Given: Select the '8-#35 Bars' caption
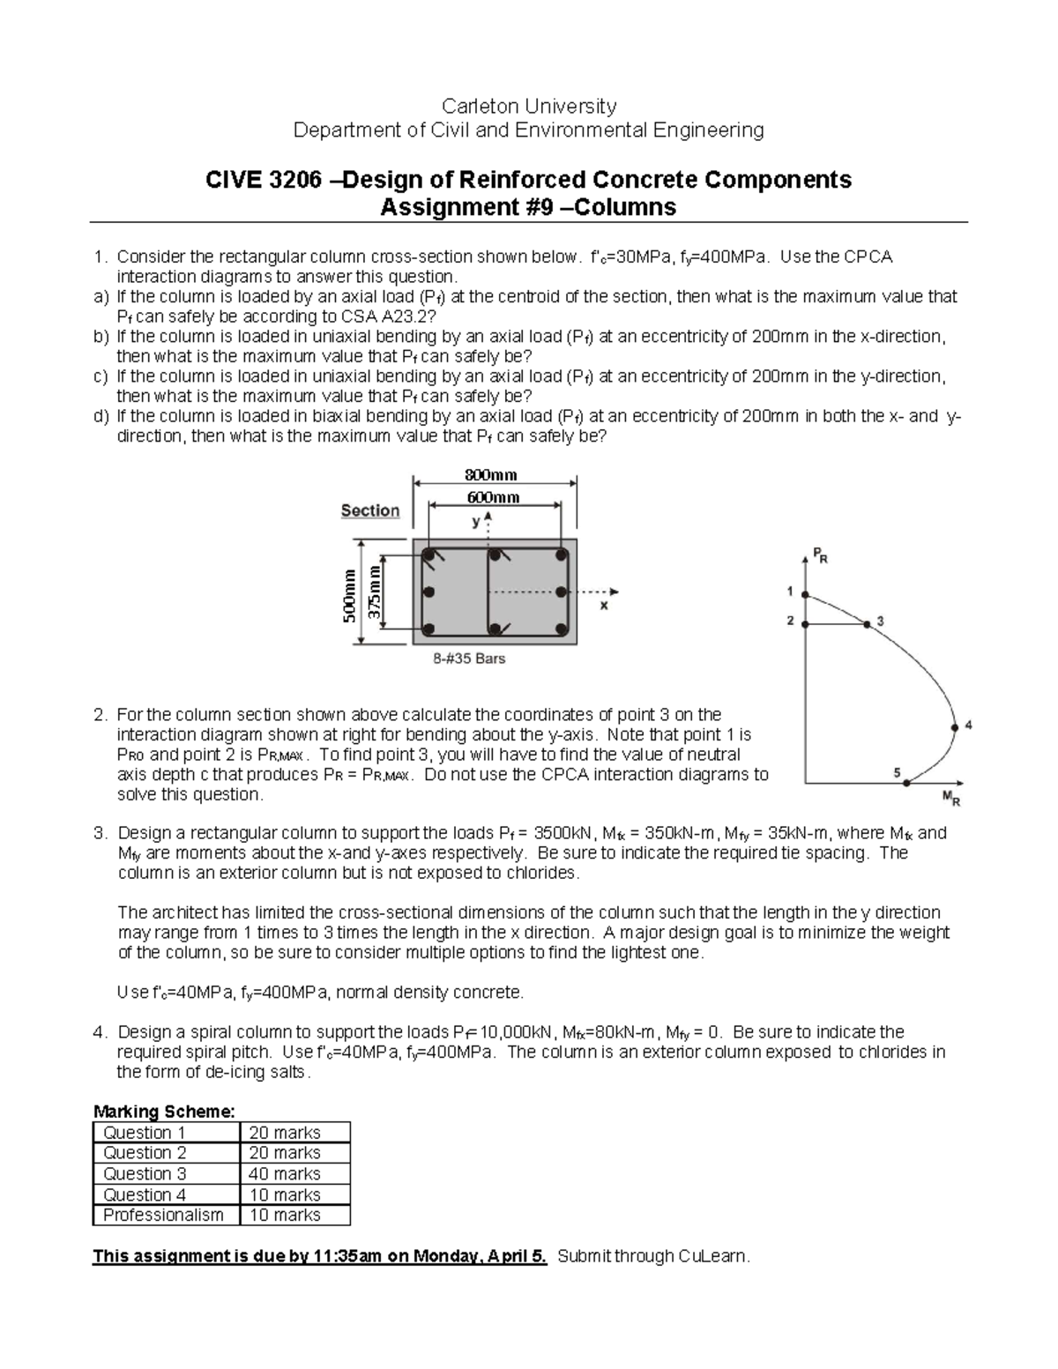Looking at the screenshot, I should (469, 658).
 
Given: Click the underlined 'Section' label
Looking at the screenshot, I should (369, 510).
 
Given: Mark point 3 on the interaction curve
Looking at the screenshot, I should (868, 624).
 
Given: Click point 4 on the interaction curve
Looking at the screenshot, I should (955, 727).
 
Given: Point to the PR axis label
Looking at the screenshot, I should (819, 556).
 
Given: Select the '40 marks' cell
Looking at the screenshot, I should (285, 1173).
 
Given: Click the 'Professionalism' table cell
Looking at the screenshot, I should (163, 1215).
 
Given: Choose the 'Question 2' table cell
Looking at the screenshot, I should (145, 1152).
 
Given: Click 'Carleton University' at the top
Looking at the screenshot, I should (528, 107).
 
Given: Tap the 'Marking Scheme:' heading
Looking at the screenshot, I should (164, 1111).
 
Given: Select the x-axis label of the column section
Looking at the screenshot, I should (604, 606).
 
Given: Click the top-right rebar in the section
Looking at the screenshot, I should (560, 555).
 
